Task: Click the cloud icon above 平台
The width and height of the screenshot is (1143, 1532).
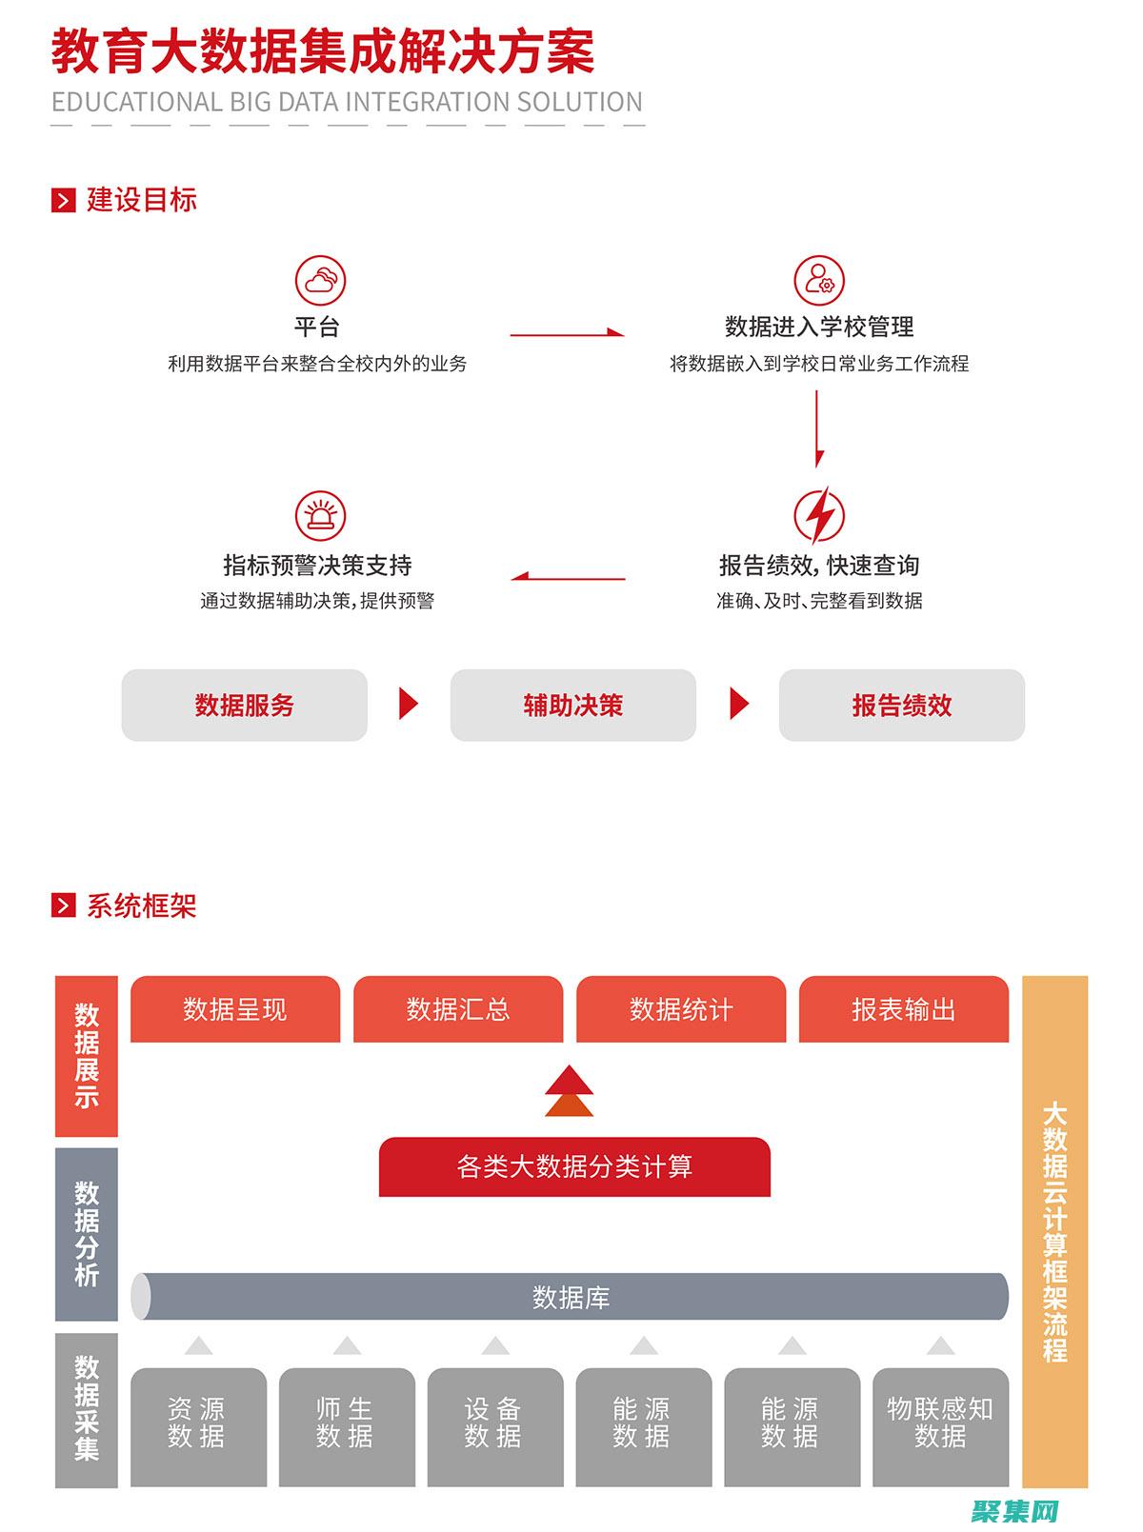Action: (319, 281)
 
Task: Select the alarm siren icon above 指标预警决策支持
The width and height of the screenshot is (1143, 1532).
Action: (319, 516)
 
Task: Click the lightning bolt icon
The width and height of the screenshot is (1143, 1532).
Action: (819, 516)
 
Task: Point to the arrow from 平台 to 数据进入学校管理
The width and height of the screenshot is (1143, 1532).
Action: (567, 333)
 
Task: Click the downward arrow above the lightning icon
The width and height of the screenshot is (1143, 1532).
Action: (818, 428)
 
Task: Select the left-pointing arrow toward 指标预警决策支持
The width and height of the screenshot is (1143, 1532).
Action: (568, 577)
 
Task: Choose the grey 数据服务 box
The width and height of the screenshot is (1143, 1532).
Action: (244, 706)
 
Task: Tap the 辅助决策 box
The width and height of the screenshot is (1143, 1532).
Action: (572, 706)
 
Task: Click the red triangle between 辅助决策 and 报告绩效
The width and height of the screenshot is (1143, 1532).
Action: (739, 705)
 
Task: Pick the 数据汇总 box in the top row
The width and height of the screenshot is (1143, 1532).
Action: (458, 1009)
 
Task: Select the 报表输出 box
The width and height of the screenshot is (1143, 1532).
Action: (903, 1009)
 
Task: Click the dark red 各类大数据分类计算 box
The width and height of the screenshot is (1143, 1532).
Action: (574, 1166)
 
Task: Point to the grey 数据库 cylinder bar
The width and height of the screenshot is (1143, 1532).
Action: (570, 1297)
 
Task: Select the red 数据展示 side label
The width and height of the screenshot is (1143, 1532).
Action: (87, 1056)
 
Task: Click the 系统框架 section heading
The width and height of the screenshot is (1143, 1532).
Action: (141, 905)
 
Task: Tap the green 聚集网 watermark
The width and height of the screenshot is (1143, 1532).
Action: (1015, 1510)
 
